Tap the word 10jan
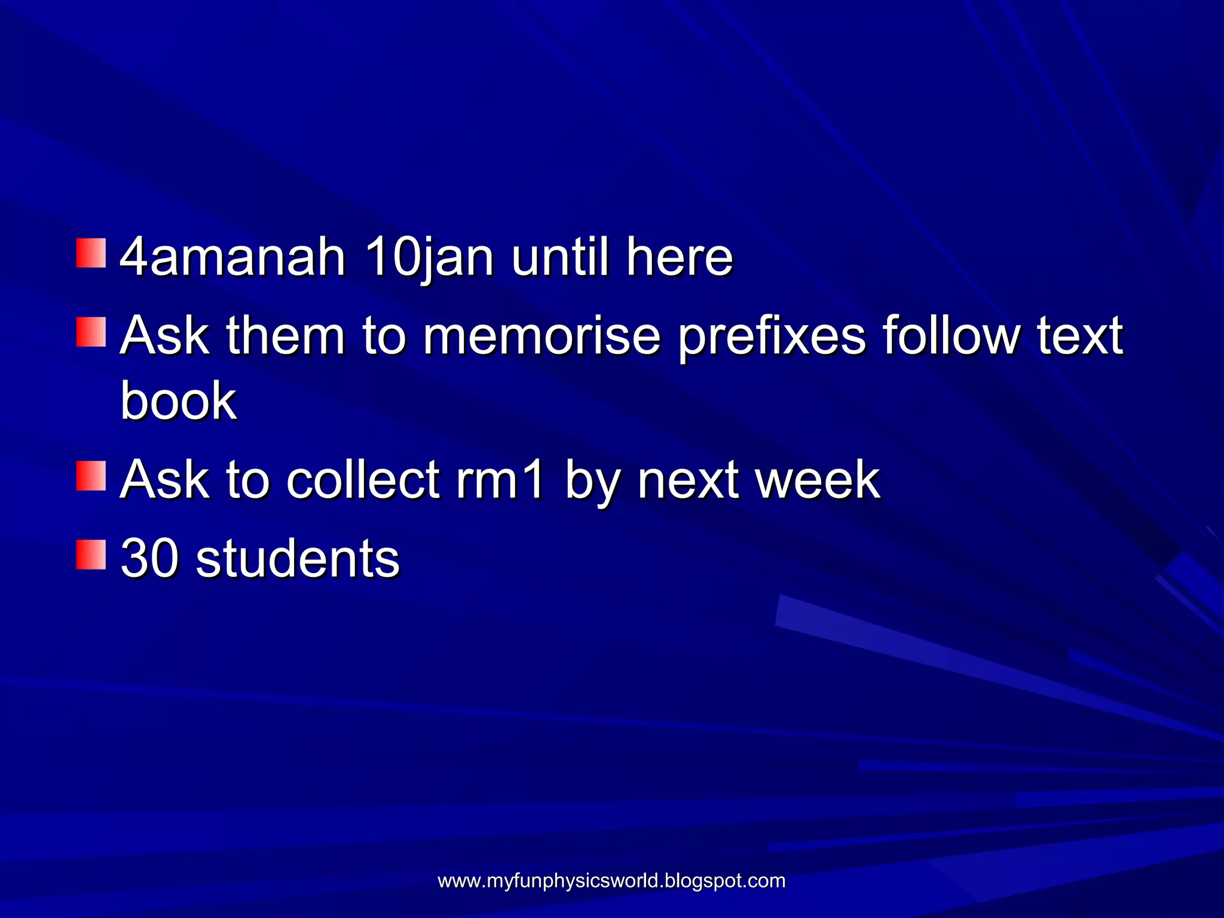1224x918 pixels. click(x=429, y=258)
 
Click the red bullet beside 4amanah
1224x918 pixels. click(x=91, y=253)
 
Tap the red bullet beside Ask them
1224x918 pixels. click(x=91, y=332)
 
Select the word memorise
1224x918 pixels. click(x=541, y=336)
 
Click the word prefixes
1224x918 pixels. click(x=772, y=336)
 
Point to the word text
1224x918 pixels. click(x=1080, y=336)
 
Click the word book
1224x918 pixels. click(x=178, y=400)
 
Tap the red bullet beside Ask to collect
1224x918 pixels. click(x=91, y=476)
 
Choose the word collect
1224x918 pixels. click(x=363, y=479)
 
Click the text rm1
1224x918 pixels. click(x=500, y=479)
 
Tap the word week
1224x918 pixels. click(x=818, y=479)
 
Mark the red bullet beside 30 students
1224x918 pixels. click(x=91, y=555)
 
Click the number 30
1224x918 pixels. click(x=149, y=558)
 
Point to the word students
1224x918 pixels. click(x=298, y=558)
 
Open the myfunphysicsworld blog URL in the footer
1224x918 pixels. click(x=611, y=881)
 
